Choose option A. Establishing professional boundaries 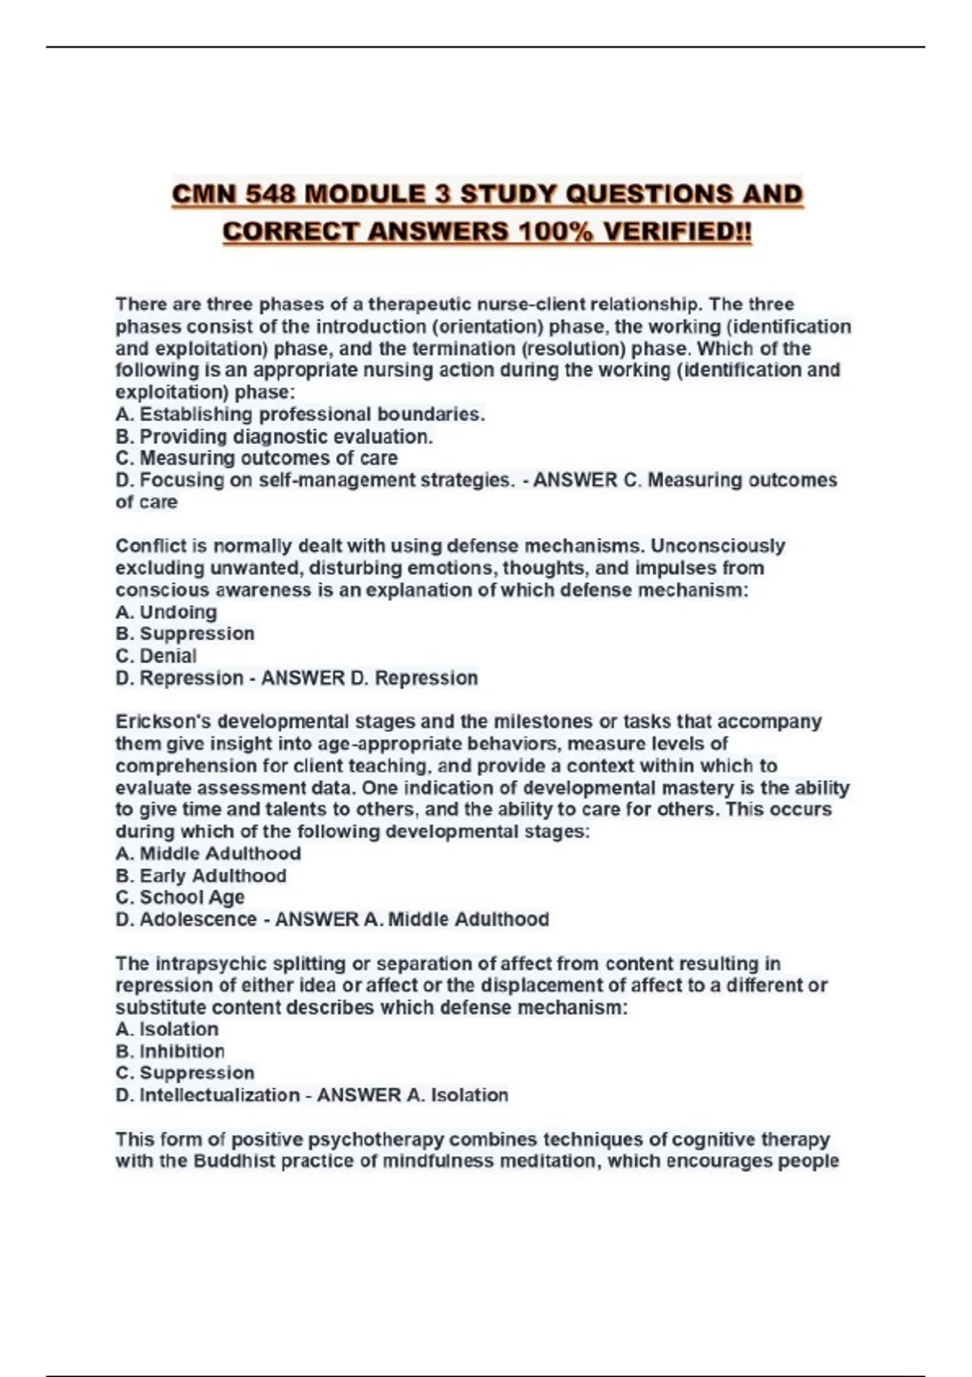301,415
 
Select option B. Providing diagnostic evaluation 274,437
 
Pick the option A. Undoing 166,612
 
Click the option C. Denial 156,656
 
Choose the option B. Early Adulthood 201,876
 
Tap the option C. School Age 180,897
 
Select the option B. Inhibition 170,1051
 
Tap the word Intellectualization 220,1095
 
